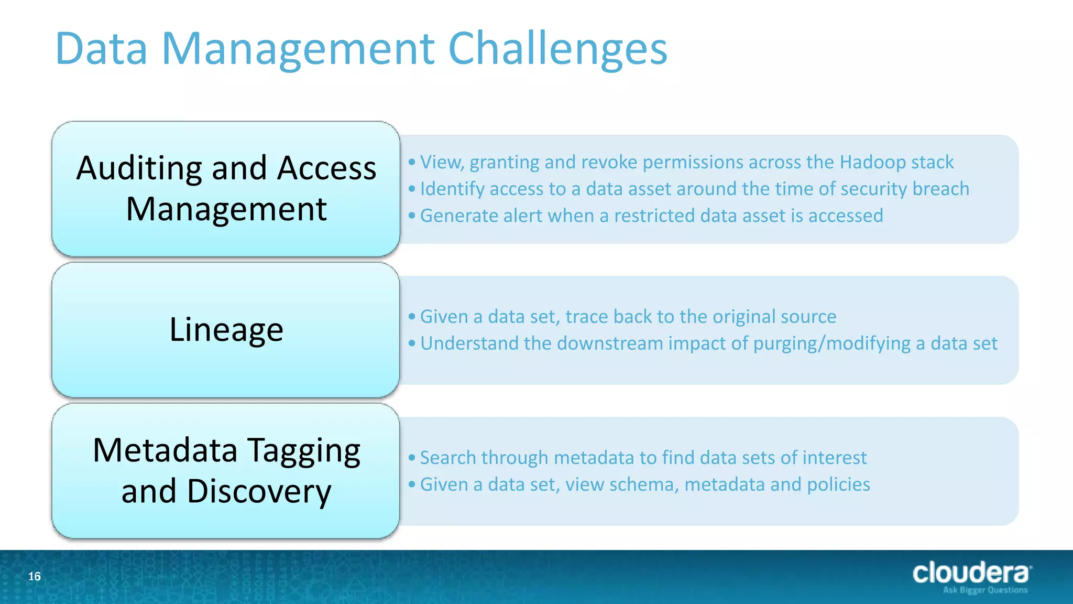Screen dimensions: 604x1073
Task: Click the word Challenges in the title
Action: coord(557,48)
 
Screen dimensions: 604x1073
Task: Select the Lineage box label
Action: coord(226,330)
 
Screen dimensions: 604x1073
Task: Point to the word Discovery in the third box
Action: coord(259,492)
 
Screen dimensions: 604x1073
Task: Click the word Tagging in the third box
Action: coord(304,451)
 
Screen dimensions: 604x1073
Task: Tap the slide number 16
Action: coord(35,577)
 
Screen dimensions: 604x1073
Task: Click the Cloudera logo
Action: coord(971,573)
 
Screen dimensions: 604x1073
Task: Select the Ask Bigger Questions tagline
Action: coord(985,590)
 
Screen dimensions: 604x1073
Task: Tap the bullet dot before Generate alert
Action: coord(412,215)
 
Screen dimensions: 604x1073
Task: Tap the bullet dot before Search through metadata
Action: coord(412,458)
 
